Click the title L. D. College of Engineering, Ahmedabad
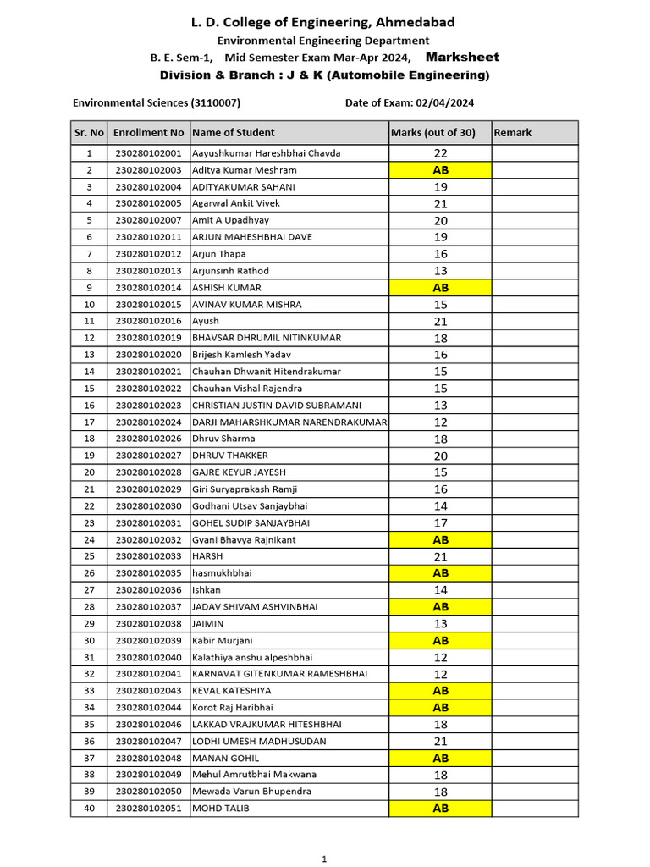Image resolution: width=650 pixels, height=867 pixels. pos(323,22)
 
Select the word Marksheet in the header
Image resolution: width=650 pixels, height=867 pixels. pos(462,58)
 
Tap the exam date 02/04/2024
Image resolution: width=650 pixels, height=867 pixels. pos(444,102)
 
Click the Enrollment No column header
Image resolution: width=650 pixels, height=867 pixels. pos(148,133)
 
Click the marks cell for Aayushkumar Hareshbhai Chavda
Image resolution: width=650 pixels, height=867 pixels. pos(440,153)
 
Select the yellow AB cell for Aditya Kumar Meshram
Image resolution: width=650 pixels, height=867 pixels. pos(440,170)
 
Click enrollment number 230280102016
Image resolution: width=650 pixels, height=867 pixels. pos(148,321)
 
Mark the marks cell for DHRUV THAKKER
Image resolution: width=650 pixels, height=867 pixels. pos(440,456)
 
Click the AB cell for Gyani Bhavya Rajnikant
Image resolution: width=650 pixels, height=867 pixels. pos(440,539)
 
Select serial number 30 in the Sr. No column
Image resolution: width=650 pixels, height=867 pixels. pos(89,640)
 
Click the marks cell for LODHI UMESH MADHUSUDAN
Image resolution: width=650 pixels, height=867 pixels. pos(440,741)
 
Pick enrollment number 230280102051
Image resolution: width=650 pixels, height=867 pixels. pos(148,809)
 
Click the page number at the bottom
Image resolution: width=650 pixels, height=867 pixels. pos(324,859)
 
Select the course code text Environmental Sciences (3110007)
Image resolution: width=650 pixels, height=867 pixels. pos(157,102)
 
